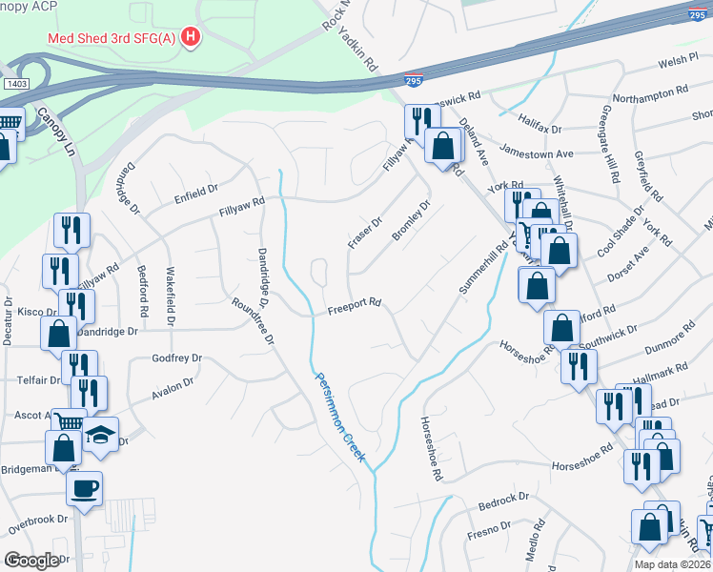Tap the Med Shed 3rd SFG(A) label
113,39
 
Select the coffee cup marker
84,488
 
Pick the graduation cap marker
100,435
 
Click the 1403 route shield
15,85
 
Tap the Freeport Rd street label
355,306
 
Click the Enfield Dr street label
196,193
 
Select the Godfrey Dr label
177,358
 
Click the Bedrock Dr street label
503,500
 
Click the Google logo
31,561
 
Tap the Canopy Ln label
55,133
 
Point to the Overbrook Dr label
38,520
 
